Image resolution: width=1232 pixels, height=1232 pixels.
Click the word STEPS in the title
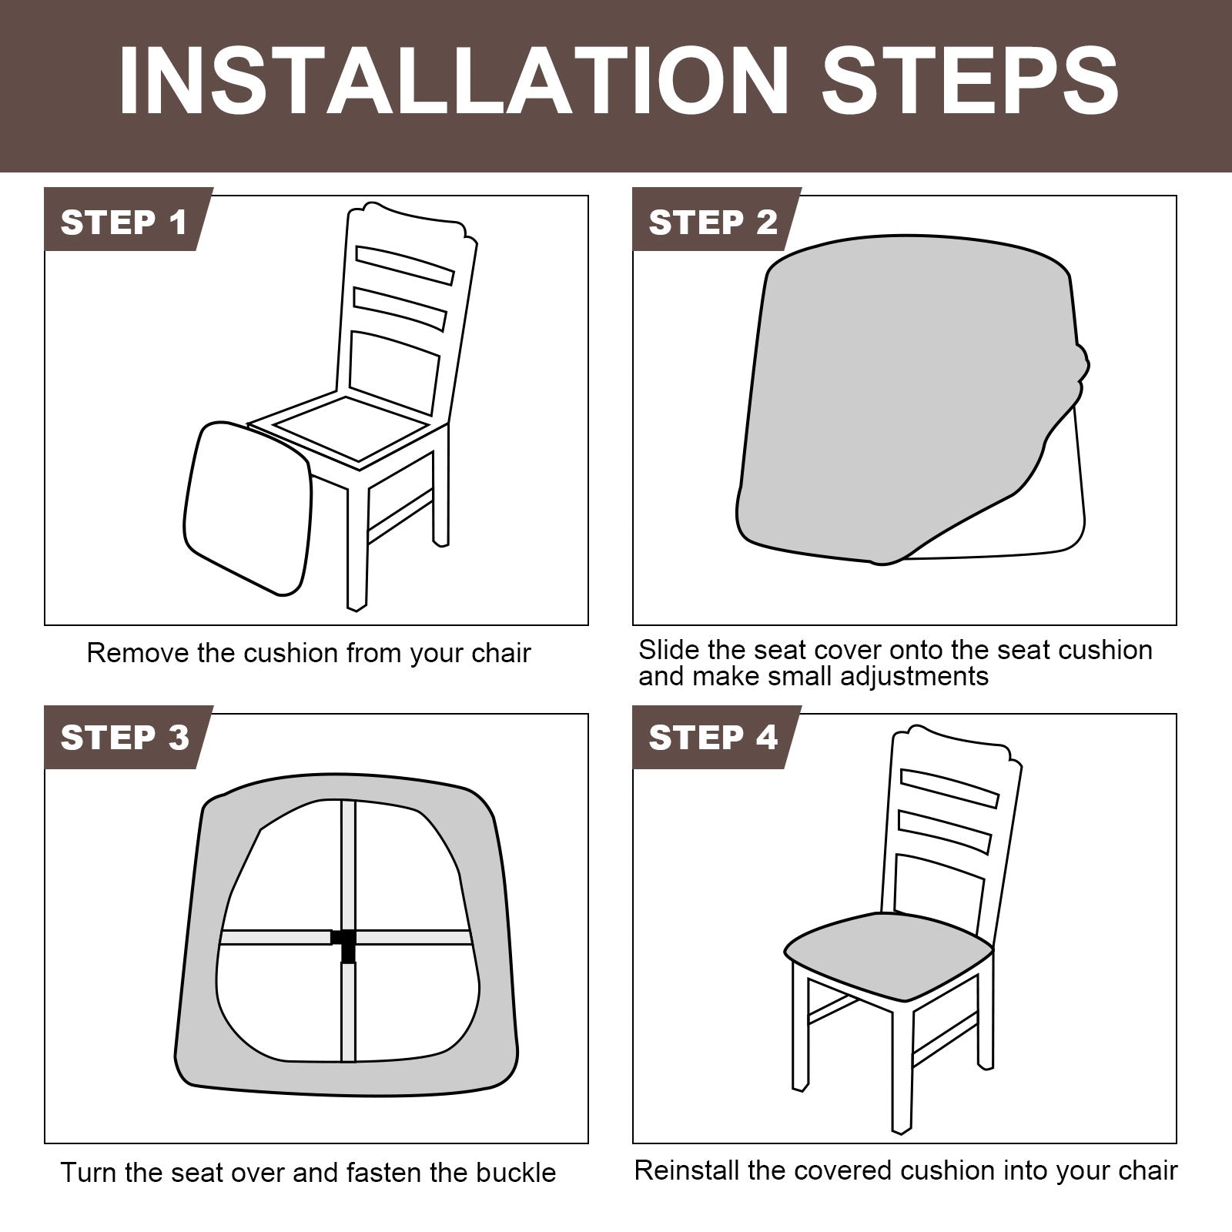[970, 82]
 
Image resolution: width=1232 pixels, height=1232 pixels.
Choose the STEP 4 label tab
[715, 738]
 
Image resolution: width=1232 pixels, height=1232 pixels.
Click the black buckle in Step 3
[345, 944]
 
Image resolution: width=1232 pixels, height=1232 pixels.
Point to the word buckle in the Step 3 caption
[516, 1173]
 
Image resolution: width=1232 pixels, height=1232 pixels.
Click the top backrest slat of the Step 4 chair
[949, 788]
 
